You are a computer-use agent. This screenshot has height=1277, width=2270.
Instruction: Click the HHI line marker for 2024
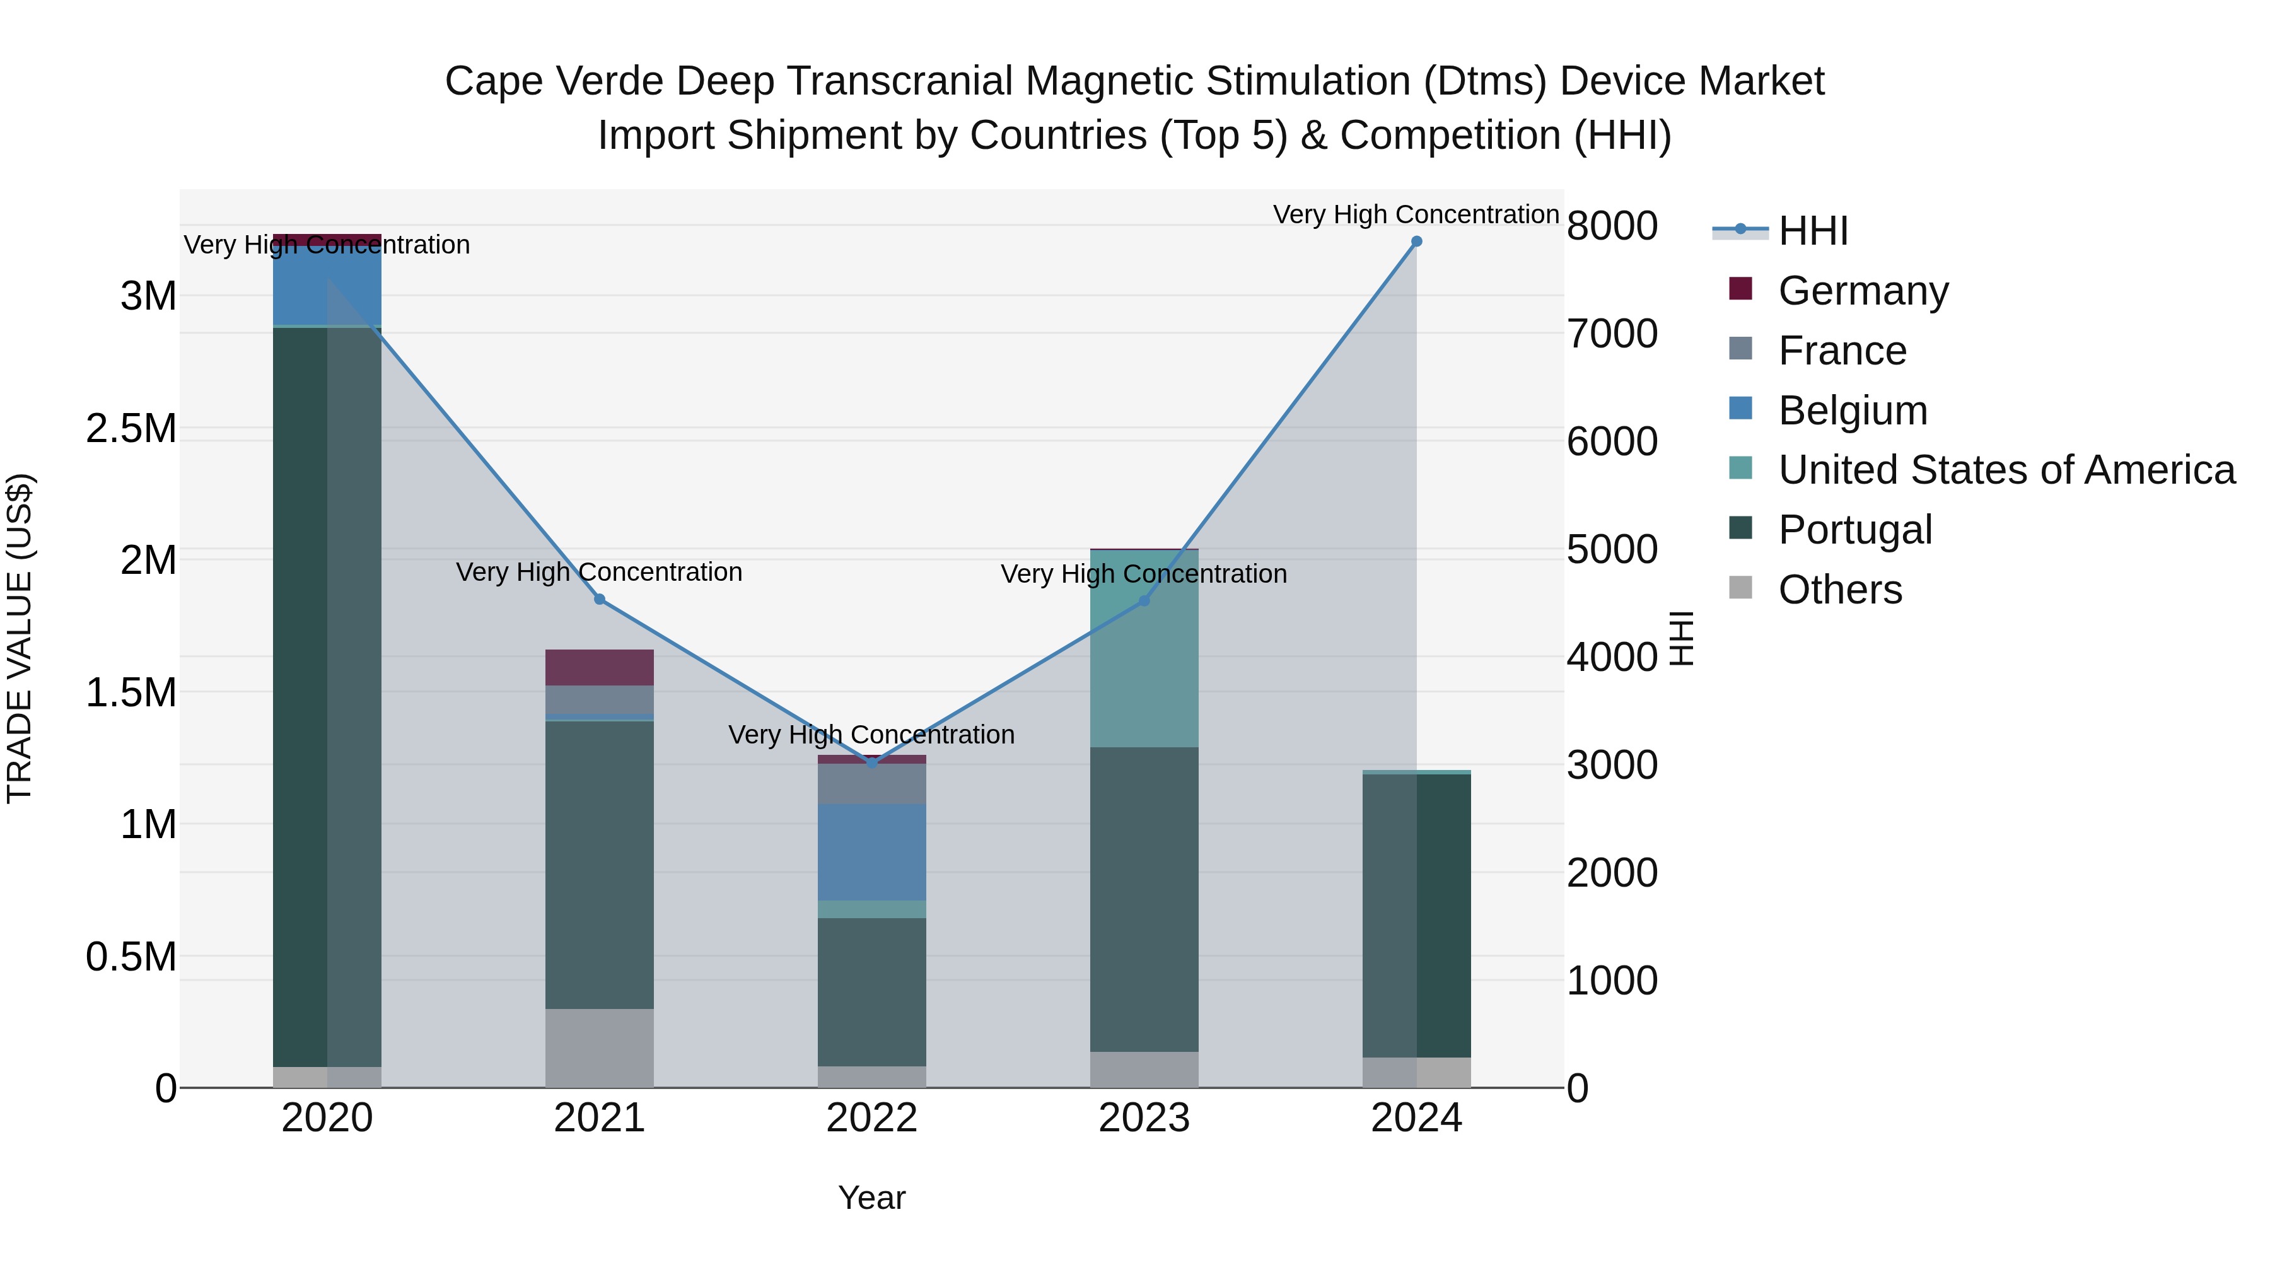[1416, 242]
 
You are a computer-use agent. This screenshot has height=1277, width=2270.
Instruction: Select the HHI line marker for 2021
[599, 599]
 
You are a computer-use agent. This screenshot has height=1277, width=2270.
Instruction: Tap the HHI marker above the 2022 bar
[871, 763]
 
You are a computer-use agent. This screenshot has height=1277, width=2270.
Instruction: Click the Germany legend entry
[1862, 291]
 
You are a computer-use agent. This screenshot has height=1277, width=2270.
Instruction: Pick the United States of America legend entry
[2006, 470]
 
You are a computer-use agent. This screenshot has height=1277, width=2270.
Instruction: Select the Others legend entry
[1839, 590]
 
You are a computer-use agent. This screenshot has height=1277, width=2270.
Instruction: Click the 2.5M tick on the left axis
[131, 429]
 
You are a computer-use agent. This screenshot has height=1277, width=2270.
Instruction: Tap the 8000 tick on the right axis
[1612, 226]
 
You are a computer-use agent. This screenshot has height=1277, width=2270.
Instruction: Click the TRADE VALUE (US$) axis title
[20, 638]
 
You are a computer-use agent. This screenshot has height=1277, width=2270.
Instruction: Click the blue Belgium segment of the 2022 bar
[871, 851]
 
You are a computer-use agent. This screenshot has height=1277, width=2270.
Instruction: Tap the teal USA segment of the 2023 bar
[1144, 649]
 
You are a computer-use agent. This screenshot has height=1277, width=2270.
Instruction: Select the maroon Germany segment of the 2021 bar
[599, 667]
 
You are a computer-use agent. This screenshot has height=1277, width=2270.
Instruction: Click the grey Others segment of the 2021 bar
[599, 1048]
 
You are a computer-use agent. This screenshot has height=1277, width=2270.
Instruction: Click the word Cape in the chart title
[494, 81]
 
